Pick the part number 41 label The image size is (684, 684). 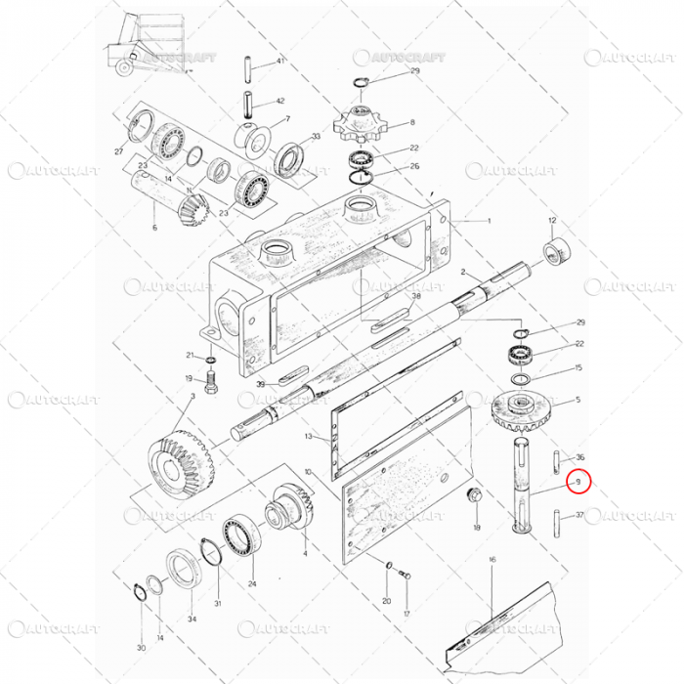279,61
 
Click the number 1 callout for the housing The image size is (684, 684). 489,221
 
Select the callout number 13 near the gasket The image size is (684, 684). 309,436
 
